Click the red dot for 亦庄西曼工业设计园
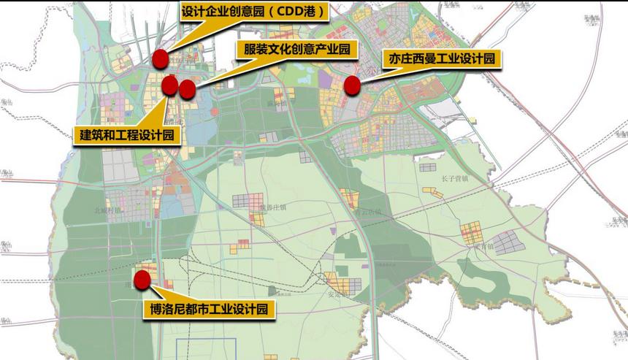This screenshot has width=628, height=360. click(x=353, y=85)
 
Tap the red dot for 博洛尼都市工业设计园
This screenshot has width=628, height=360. click(x=142, y=279)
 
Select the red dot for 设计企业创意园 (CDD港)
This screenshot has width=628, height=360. click(x=161, y=59)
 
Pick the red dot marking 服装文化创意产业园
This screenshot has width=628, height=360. click(x=188, y=89)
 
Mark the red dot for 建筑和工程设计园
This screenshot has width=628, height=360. click(x=169, y=85)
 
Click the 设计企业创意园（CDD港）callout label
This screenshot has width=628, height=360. click(x=251, y=12)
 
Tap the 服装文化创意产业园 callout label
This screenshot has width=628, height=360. click(x=297, y=50)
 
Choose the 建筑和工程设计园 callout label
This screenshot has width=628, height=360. click(x=127, y=135)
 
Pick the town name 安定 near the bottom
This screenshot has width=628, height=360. click(x=335, y=295)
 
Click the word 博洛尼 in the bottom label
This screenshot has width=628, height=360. click(x=166, y=310)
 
